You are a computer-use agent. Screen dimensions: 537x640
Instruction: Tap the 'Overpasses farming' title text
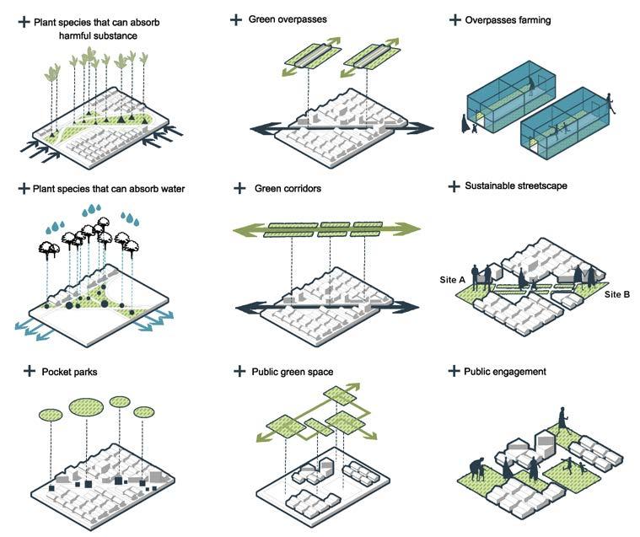coord(508,19)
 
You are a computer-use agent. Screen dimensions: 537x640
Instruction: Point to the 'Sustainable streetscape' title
coord(516,185)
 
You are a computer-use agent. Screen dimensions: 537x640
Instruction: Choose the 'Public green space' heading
coord(292,371)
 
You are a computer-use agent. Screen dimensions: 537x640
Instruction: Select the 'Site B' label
coord(617,294)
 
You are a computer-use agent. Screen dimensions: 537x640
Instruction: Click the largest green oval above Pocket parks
coord(89,404)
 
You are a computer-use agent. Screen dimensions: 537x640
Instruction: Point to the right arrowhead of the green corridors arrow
coord(410,228)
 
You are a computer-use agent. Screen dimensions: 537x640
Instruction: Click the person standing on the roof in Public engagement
coord(562,419)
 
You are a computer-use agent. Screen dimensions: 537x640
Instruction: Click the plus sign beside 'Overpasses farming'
coord(454,19)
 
